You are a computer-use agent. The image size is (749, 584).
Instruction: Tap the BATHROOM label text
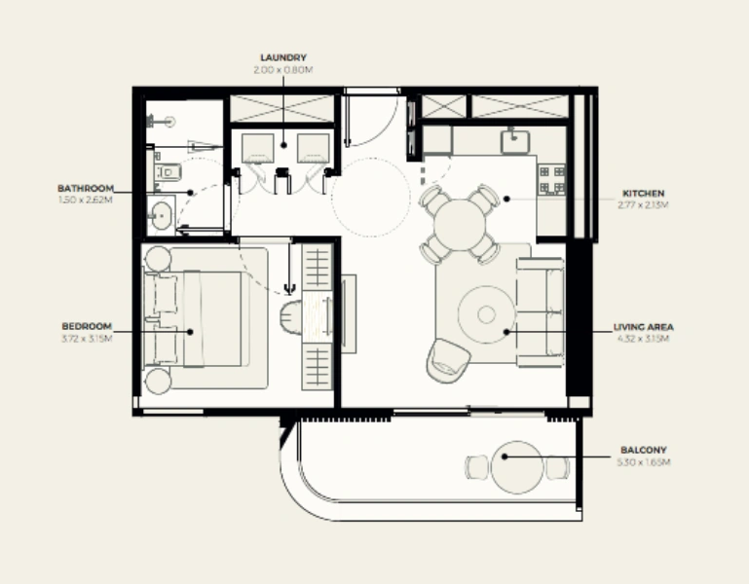pos(86,188)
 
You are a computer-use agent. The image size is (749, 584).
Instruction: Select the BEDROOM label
pos(87,326)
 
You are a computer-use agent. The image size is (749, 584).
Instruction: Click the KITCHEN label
pos(644,194)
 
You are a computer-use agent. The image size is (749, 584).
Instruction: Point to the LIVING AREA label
pos(644,327)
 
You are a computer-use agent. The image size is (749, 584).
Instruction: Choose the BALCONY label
pos(644,451)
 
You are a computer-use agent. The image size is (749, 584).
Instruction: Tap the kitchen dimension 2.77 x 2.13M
pos(644,204)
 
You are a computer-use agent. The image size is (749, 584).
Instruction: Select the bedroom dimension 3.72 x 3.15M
pos(87,338)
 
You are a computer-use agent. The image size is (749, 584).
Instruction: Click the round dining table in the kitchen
pos(460,225)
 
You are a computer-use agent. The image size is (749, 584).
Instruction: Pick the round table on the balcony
pos(515,468)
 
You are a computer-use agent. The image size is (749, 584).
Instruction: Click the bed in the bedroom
pos(200,318)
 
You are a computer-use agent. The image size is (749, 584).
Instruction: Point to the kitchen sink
pos(514,142)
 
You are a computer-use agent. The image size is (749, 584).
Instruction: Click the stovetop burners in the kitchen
pos(552,178)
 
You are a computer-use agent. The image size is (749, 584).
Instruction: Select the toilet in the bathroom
pos(166,173)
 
